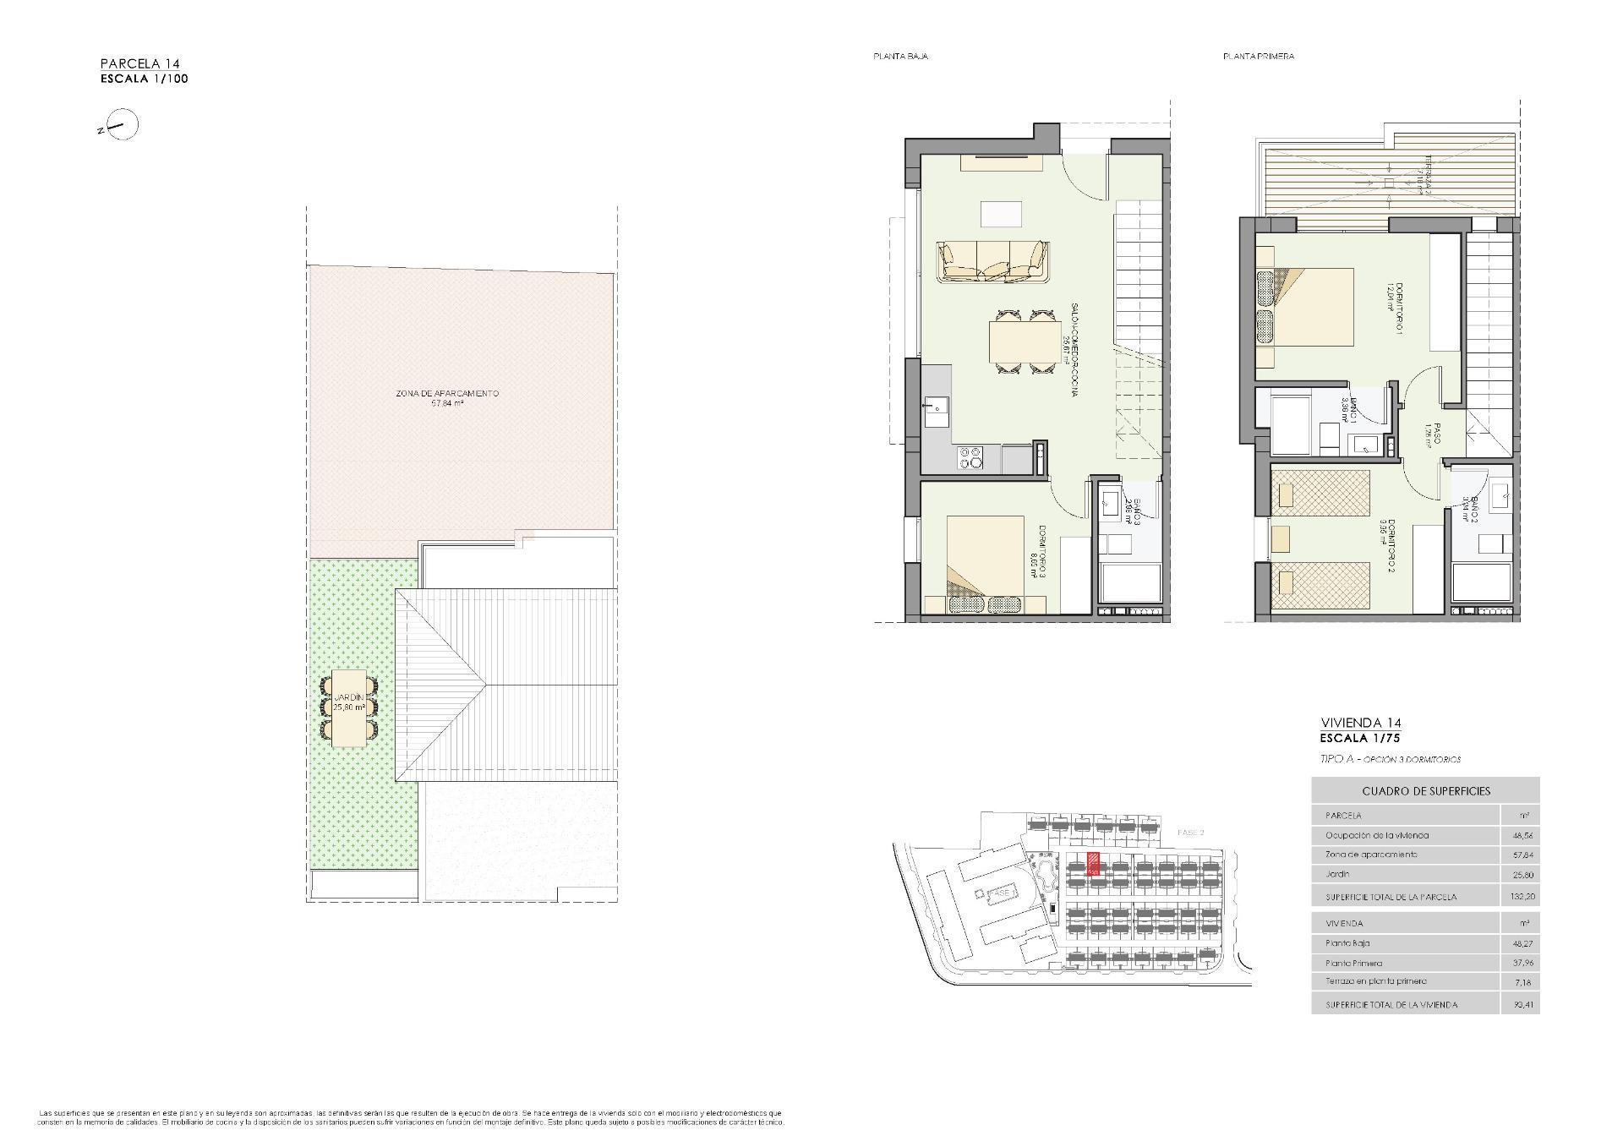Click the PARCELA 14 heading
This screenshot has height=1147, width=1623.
[x=139, y=63]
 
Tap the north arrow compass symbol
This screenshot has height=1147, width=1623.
[x=123, y=127]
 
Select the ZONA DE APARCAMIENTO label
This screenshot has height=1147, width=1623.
[x=447, y=394]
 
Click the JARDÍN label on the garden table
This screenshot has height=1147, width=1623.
[x=348, y=697]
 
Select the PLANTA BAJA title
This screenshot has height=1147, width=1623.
[x=900, y=57]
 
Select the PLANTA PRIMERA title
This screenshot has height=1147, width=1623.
[x=1258, y=57]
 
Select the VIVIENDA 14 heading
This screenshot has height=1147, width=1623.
[x=1360, y=723]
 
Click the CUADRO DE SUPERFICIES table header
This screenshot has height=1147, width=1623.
[x=1425, y=791]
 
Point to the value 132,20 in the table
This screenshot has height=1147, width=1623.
[x=1522, y=897]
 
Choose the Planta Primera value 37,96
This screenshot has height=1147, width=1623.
[x=1522, y=963]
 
